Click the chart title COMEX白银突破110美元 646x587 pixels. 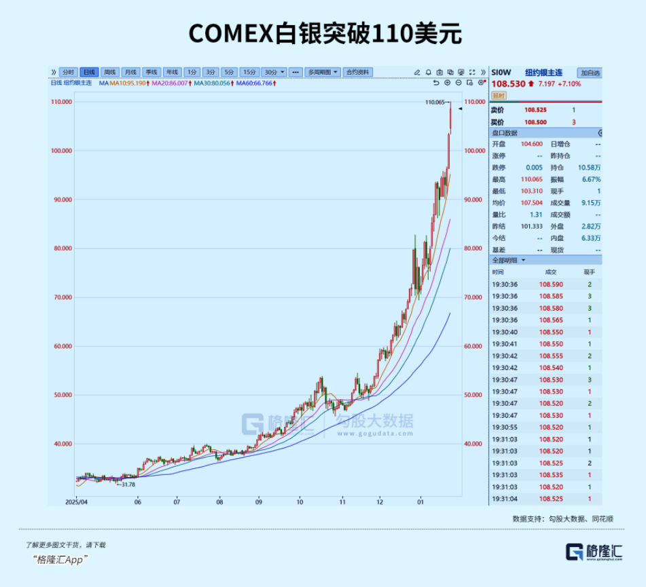click(x=324, y=33)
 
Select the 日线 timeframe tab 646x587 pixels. click(x=89, y=72)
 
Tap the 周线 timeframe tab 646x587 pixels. click(x=109, y=72)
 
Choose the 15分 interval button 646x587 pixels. click(x=249, y=72)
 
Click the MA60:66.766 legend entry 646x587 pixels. click(x=255, y=83)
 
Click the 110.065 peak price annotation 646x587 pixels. click(x=435, y=102)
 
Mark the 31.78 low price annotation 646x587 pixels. click(x=126, y=484)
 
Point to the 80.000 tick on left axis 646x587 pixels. click(x=62, y=248)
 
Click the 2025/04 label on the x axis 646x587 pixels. click(x=77, y=502)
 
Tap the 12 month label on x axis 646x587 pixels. click(x=380, y=502)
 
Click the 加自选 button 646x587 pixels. click(x=590, y=73)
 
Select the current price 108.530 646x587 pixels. click(x=508, y=83)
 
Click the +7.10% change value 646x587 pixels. click(x=569, y=83)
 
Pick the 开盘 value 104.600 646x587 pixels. click(x=531, y=144)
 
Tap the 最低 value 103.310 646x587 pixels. click(x=531, y=191)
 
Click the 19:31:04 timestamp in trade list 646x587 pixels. click(x=505, y=499)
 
